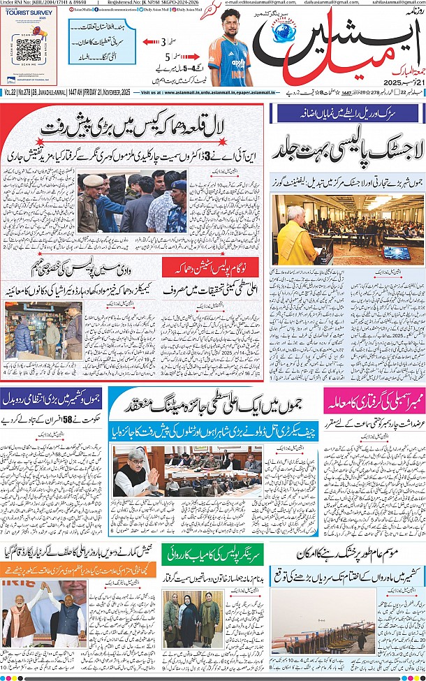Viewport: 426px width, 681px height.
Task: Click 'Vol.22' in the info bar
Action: click(x=10, y=92)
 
